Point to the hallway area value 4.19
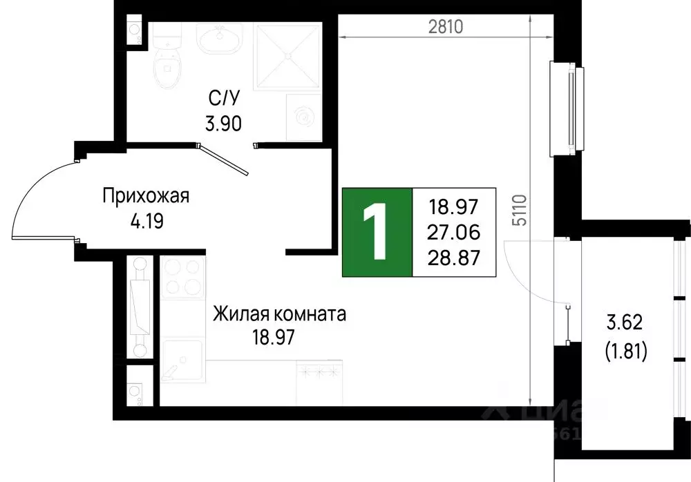click(x=146, y=222)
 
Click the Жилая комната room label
click(x=280, y=315)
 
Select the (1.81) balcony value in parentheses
click(x=625, y=353)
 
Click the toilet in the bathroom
click(x=167, y=66)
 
